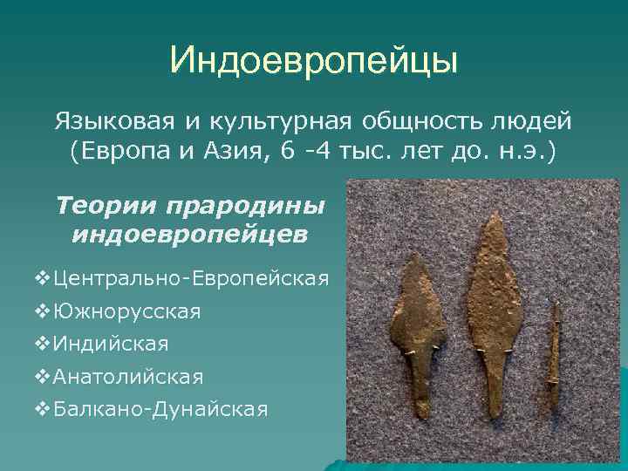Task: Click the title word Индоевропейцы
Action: tap(313, 61)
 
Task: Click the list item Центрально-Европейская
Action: tap(190, 279)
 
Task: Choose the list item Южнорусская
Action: tap(126, 311)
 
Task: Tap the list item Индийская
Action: tap(111, 344)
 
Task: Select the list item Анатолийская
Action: tap(127, 377)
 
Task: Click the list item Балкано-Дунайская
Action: tap(160, 409)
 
